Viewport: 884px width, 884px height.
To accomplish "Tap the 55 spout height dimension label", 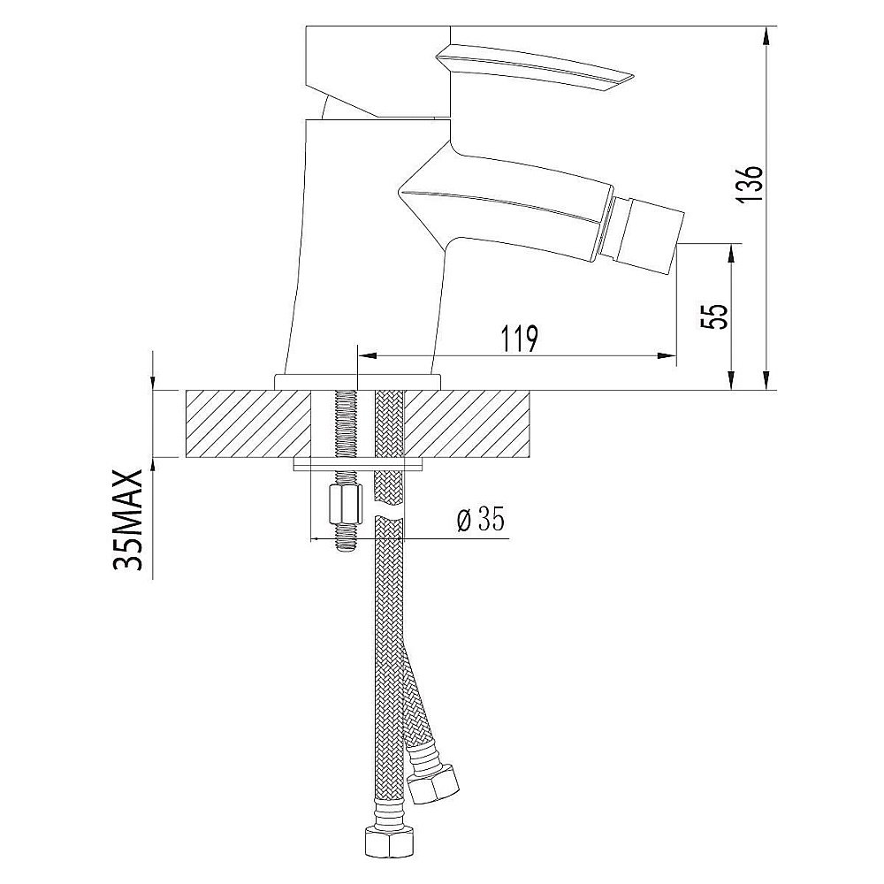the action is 715,316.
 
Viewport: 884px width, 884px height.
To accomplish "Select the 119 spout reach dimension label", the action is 519,339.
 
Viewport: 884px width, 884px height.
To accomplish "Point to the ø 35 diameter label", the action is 480,519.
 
